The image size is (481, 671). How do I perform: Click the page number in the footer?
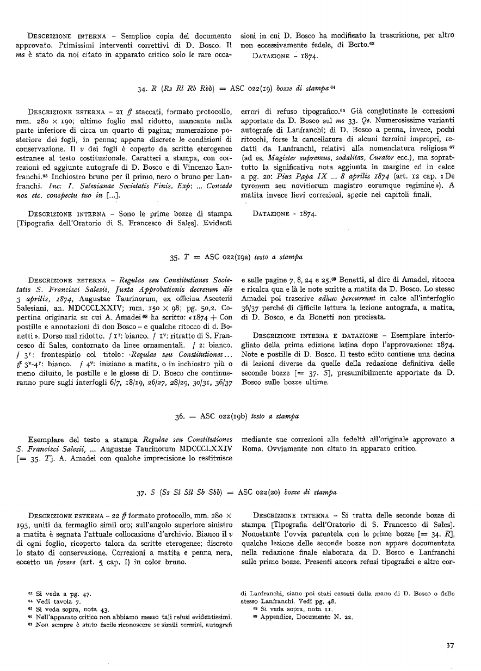(450, 645)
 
